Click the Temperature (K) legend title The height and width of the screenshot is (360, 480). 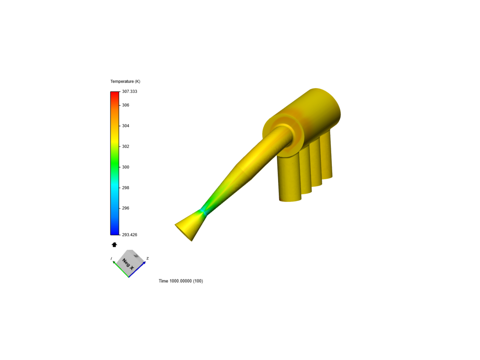pyautogui.click(x=125, y=81)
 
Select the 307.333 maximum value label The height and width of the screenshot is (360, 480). pyautogui.click(x=129, y=91)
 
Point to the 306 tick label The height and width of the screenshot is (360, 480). pyautogui.click(x=126, y=105)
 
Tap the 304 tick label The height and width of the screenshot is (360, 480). pyautogui.click(x=126, y=126)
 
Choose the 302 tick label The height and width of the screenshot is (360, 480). pyautogui.click(x=126, y=146)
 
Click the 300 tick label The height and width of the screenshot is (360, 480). pyautogui.click(x=126, y=167)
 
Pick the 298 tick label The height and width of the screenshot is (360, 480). pyautogui.click(x=126, y=188)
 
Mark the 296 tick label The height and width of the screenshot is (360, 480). pyautogui.click(x=126, y=208)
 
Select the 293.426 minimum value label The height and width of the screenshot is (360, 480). pyautogui.click(x=129, y=235)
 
